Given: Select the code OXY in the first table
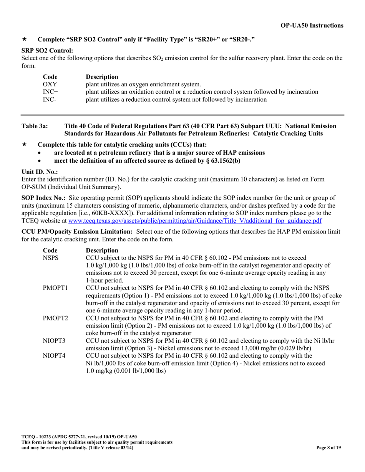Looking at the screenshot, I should click(x=50, y=84).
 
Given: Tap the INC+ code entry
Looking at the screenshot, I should click(x=50, y=92).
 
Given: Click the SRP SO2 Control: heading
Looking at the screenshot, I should click(x=47, y=51).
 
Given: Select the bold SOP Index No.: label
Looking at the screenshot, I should click(x=43, y=198).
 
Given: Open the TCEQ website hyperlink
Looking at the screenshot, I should click(x=195, y=221).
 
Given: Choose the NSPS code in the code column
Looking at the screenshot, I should click(x=50, y=258).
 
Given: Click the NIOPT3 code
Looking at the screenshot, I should click(x=54, y=341).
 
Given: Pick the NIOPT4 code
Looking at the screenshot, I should click(x=54, y=356).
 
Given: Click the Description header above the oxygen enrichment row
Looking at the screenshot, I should click(x=102, y=77).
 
